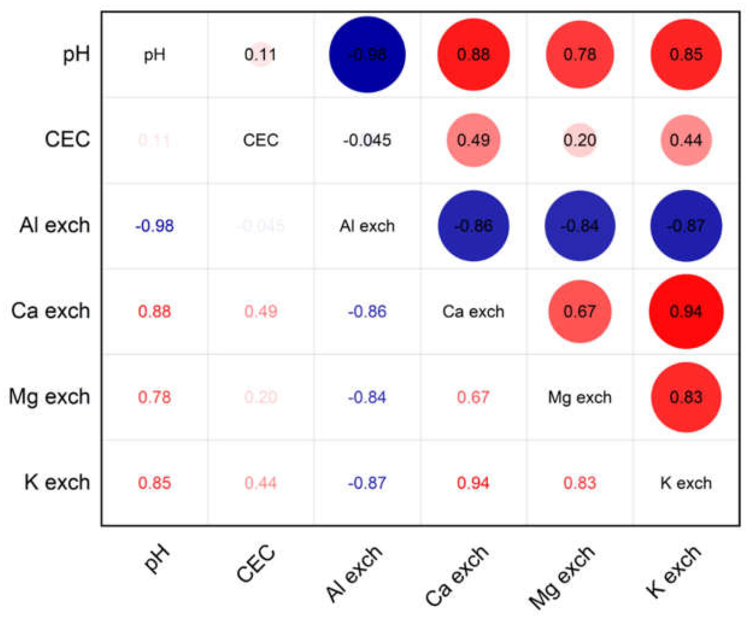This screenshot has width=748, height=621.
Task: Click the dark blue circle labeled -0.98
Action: (x=367, y=55)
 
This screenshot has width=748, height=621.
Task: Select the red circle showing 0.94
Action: (x=686, y=311)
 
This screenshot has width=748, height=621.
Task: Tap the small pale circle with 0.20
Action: (x=579, y=140)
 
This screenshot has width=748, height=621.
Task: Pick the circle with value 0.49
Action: (x=473, y=140)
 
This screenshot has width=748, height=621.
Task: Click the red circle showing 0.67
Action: (x=579, y=311)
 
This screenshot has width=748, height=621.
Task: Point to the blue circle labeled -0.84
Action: (x=579, y=226)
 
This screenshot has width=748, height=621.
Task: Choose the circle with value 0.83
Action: (x=686, y=397)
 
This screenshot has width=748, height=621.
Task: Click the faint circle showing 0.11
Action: (x=260, y=55)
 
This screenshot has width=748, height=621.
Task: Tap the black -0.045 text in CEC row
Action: (x=367, y=140)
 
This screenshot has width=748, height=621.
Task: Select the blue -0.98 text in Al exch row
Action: (x=154, y=226)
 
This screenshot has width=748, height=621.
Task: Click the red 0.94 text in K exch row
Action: (x=473, y=483)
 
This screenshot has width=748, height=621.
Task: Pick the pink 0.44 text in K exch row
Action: (x=260, y=483)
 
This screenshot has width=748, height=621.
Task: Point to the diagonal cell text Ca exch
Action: (x=473, y=311)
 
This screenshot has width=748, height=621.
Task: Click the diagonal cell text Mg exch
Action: (x=579, y=397)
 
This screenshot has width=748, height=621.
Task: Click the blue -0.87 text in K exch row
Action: (x=367, y=483)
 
